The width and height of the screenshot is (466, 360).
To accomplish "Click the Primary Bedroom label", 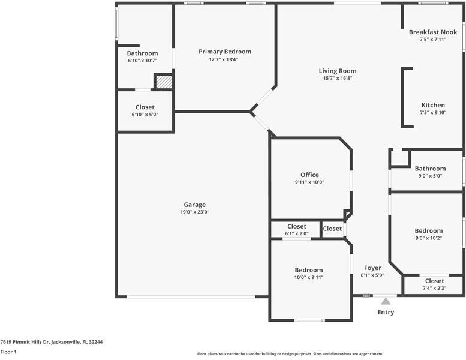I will tap(225, 52).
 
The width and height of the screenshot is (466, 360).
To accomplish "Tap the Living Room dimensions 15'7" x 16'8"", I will tap(337, 78).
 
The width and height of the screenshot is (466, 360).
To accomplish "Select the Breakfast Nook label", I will tap(433, 32).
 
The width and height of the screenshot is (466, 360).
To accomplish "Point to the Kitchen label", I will tap(432, 105).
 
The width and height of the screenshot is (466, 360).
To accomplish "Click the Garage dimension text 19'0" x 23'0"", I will tap(194, 212).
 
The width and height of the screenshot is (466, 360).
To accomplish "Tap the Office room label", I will tap(309, 175).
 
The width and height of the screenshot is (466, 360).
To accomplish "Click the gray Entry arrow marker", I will tap(386, 301).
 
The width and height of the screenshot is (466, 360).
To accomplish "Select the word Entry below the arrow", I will tap(386, 313).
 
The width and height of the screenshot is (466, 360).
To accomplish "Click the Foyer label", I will tap(372, 268).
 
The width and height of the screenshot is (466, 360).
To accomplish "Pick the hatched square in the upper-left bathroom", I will tap(163, 82).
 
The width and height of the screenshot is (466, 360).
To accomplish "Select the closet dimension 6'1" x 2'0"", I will tap(296, 233).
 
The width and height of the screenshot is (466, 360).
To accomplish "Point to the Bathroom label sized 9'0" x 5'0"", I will tap(430, 169).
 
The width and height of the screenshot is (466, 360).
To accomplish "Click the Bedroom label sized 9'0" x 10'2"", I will tap(428, 230).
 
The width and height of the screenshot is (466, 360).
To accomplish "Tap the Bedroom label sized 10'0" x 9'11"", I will tap(308, 270).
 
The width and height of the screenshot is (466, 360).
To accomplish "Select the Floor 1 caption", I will tap(8, 352).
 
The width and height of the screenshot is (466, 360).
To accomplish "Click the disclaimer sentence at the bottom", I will tap(290, 354).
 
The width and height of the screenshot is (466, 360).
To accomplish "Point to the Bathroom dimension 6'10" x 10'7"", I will tap(142, 60).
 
